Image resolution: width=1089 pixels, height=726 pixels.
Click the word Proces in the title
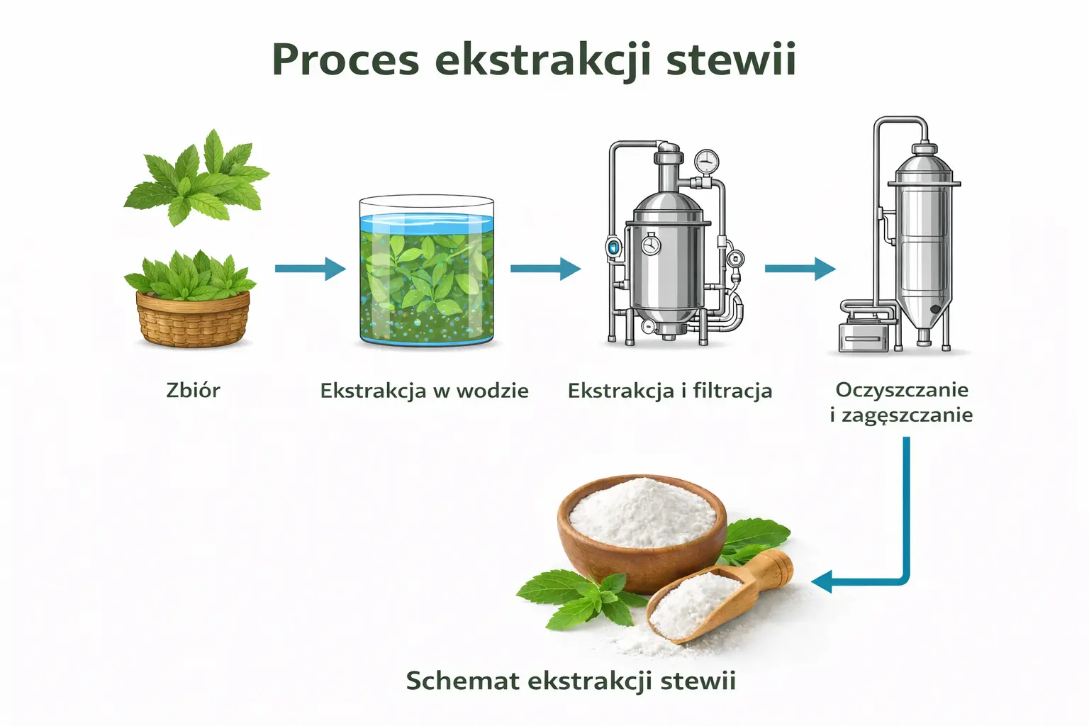345,60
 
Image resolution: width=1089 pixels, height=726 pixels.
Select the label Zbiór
193,390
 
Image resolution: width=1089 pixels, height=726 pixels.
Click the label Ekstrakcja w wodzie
424,391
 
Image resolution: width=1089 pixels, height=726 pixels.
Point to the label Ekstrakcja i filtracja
669,391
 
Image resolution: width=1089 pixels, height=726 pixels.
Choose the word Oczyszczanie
902,389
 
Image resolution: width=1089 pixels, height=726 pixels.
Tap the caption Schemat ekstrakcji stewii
571,681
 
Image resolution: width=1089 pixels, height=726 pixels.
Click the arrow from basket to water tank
310,269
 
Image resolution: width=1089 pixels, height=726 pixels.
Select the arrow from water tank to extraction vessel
545,269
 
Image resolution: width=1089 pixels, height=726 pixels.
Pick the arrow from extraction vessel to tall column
800,269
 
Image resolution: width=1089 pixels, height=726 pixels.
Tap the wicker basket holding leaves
193,319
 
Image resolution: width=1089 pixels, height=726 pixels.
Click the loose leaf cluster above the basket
196,177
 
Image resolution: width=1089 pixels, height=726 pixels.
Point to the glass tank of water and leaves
426,273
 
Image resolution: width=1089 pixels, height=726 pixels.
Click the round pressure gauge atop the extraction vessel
706,162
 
